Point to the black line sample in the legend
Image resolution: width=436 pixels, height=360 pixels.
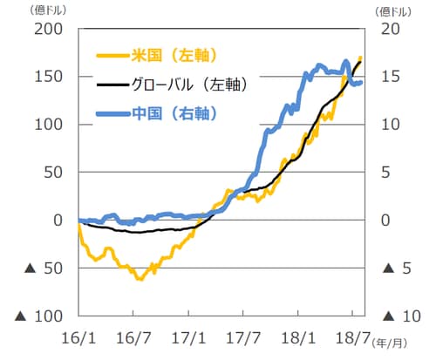coord(108,85)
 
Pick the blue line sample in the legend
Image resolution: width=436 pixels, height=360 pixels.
coord(108,113)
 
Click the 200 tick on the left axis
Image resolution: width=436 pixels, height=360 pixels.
coord(49,29)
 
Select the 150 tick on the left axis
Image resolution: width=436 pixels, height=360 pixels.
coord(49,77)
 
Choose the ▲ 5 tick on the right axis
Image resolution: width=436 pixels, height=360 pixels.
coord(394,268)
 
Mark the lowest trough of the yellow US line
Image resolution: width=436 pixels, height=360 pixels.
coord(139,279)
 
